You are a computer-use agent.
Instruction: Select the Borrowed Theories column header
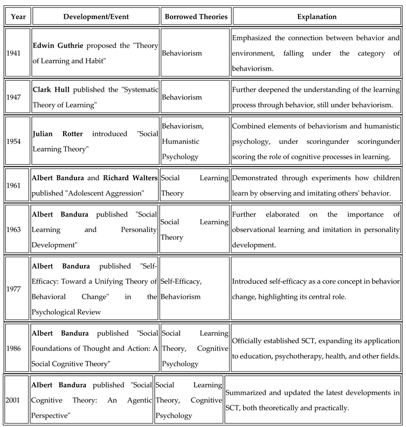(x=195, y=17)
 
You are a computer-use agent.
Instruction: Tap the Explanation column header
(x=316, y=17)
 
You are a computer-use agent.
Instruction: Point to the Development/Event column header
(x=95, y=17)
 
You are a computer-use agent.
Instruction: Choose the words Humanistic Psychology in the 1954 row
(x=181, y=149)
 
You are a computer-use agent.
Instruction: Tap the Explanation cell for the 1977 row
(x=316, y=288)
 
